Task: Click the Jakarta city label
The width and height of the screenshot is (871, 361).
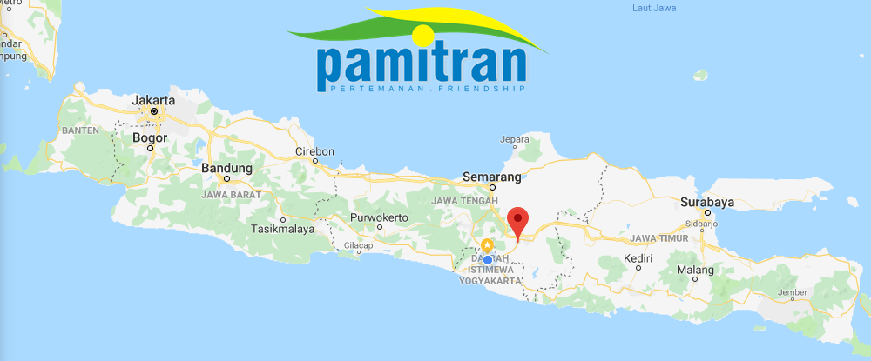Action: pos(153,101)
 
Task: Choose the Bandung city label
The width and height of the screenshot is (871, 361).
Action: pos(226,169)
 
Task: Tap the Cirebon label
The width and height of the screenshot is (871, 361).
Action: pos(314,151)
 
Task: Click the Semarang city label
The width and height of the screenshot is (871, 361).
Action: pos(492,177)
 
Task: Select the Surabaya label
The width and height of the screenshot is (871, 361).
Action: pos(707,202)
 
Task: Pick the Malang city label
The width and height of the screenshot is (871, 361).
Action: pos(696,270)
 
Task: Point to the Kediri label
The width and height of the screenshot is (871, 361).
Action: pos(639,258)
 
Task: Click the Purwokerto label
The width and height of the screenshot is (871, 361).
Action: pos(379,217)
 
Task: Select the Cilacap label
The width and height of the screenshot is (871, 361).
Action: pos(357,246)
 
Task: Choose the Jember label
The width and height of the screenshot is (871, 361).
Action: pos(792,292)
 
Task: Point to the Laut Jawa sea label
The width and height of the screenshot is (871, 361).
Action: pos(655,9)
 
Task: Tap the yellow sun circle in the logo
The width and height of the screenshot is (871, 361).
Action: pos(422,35)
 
